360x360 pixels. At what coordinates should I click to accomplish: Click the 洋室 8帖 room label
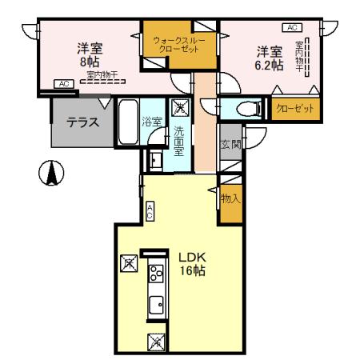tap(90, 51)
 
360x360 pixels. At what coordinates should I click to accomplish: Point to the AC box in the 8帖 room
tap(63, 83)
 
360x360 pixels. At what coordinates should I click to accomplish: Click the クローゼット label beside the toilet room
tap(293, 107)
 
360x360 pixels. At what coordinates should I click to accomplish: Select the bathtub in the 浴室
tap(127, 123)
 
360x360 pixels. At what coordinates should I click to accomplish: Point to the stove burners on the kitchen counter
tap(154, 277)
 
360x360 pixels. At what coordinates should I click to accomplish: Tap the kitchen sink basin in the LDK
tap(156, 303)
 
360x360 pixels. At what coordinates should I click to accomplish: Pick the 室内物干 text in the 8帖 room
tap(102, 75)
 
